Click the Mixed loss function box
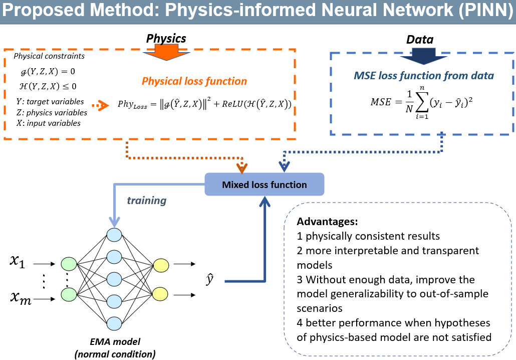pyautogui.click(x=264, y=185)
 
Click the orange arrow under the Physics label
pyautogui.click(x=166, y=52)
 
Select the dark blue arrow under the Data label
pyautogui.click(x=423, y=56)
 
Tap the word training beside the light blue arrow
pyautogui.click(x=147, y=200)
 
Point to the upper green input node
pyautogui.click(x=69, y=264)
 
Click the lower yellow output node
pyautogui.click(x=161, y=294)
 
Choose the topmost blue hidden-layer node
pyautogui.click(x=114, y=235)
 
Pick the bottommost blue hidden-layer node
pyautogui.click(x=114, y=323)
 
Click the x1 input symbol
pyautogui.click(x=18, y=262)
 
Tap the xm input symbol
pyautogui.click(x=21, y=298)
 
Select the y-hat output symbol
pyautogui.click(x=209, y=279)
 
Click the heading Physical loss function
pyautogui.click(x=194, y=81)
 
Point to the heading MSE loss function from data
pyautogui.click(x=424, y=76)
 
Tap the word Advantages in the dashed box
pyautogui.click(x=327, y=221)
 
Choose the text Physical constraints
pyautogui.click(x=49, y=56)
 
